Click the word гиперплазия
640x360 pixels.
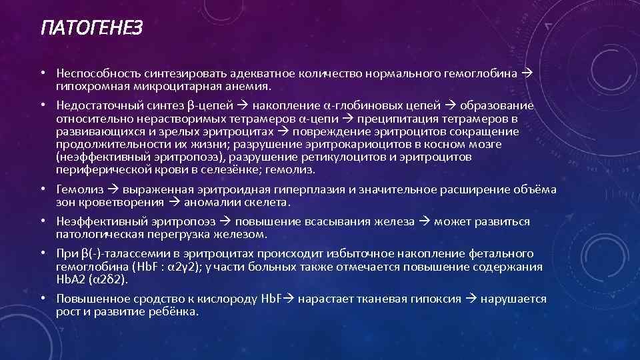coord(311,190)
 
